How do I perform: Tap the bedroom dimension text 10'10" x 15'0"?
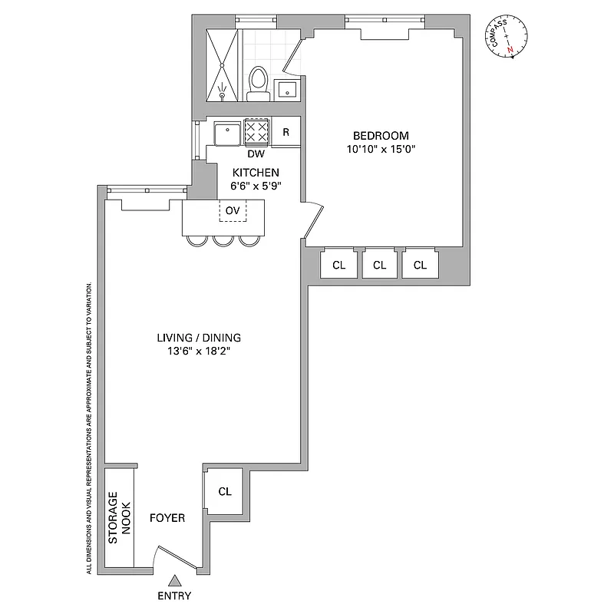pyautogui.click(x=381, y=150)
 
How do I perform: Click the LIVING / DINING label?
pyautogui.click(x=199, y=338)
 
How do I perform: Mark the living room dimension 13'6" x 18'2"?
pyautogui.click(x=199, y=352)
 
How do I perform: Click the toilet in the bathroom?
pyautogui.click(x=259, y=83)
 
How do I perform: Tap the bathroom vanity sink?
pyautogui.click(x=288, y=90)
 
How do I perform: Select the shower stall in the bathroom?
pyautogui.click(x=223, y=65)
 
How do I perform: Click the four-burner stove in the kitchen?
pyautogui.click(x=256, y=132)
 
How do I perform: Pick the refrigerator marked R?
pyautogui.click(x=286, y=132)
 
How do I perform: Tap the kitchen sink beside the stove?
pyautogui.click(x=227, y=133)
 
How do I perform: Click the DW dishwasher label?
pyautogui.click(x=256, y=153)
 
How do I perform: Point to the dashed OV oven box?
pyautogui.click(x=233, y=210)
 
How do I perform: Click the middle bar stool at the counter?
pyautogui.click(x=223, y=239)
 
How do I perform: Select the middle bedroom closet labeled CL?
pyautogui.click(x=378, y=265)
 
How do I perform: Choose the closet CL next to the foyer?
pyautogui.click(x=224, y=491)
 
